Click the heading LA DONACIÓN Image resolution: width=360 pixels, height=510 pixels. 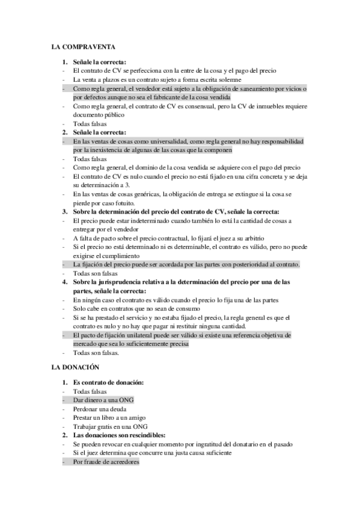75,366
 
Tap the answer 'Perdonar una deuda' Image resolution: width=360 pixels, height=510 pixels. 98,409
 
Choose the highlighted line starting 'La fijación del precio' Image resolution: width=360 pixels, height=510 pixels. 186,265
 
